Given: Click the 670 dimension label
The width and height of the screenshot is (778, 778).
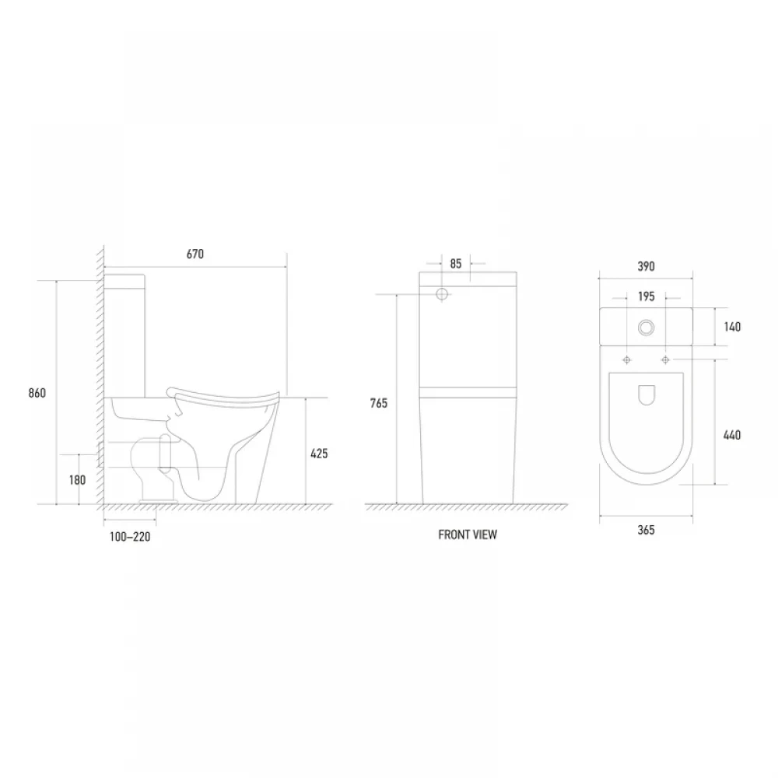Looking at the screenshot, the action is click(x=195, y=254).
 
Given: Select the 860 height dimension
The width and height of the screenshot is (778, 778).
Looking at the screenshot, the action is click(x=37, y=393).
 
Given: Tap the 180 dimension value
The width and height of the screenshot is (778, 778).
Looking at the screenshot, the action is click(x=77, y=480).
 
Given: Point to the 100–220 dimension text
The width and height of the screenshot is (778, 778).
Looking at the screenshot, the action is click(x=130, y=537).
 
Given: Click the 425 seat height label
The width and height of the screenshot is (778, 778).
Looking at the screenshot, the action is click(x=319, y=454).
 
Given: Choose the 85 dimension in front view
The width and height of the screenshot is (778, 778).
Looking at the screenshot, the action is click(x=456, y=264).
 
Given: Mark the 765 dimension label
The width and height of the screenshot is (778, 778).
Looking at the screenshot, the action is click(x=379, y=403).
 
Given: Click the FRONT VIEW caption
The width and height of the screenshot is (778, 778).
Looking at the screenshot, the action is click(x=468, y=535).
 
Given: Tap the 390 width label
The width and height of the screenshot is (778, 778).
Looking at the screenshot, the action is click(x=646, y=266).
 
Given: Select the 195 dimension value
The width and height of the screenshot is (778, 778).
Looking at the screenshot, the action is click(x=646, y=296).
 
